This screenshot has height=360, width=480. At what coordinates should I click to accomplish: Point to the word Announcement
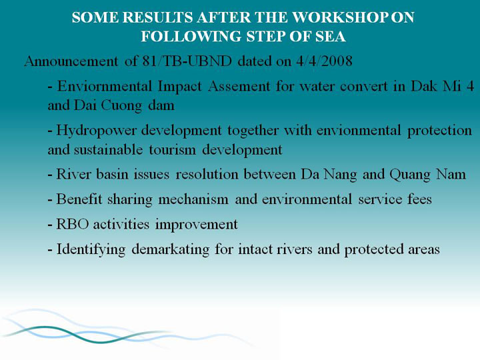(71, 61)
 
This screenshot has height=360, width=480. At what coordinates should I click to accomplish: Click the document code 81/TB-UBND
(187, 61)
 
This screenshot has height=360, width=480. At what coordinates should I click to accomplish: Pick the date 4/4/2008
(324, 61)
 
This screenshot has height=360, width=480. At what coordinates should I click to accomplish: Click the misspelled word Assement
(239, 86)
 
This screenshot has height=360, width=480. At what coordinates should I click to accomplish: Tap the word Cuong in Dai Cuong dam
(121, 105)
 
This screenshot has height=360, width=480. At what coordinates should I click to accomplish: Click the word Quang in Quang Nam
(409, 175)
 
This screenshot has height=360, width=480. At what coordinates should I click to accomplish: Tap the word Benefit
(79, 199)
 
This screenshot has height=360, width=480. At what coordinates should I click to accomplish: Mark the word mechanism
(193, 199)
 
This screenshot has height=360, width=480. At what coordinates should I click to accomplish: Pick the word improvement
(197, 225)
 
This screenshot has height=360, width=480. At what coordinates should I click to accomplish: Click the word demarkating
(171, 249)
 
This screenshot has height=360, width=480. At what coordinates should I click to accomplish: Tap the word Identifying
(91, 249)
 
